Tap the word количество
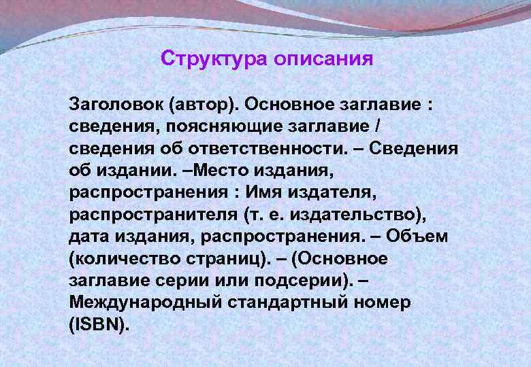(x=127, y=259)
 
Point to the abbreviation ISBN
(x=98, y=324)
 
